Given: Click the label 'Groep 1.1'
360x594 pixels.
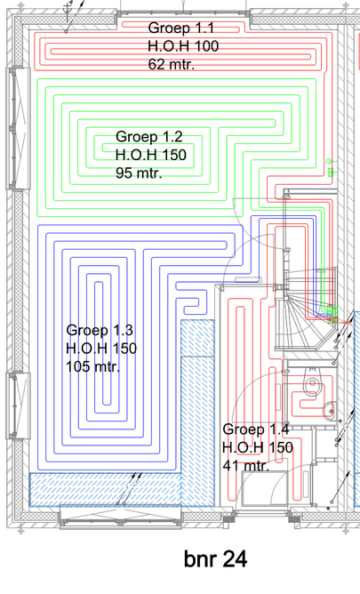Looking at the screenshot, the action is click(181, 28).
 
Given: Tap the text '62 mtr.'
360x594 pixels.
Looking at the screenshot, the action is click(172, 64).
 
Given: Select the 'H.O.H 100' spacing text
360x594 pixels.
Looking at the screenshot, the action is click(183, 46).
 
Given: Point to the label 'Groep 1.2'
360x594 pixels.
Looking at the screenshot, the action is click(149, 137).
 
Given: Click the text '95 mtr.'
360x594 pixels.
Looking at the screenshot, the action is click(139, 173).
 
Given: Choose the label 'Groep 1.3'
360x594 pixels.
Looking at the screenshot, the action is click(100, 330).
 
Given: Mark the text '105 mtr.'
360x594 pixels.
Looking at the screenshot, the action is click(93, 366).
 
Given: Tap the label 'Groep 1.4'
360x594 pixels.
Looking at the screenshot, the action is click(256, 429).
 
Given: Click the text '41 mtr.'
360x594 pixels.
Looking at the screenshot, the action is click(245, 465).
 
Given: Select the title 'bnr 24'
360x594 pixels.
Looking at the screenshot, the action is click(215, 559).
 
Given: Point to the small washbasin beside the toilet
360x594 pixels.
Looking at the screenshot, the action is click(330, 410).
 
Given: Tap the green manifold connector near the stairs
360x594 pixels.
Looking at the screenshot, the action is click(331, 309).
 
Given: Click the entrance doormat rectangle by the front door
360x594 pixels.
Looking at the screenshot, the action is click(264, 488).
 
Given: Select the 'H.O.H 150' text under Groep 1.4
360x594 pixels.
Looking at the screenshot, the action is click(258, 447).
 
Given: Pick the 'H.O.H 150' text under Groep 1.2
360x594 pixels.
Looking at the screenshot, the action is click(151, 155).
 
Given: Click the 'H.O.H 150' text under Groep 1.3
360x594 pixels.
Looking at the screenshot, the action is click(101, 349).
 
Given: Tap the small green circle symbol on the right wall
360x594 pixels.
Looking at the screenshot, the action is click(329, 162).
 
